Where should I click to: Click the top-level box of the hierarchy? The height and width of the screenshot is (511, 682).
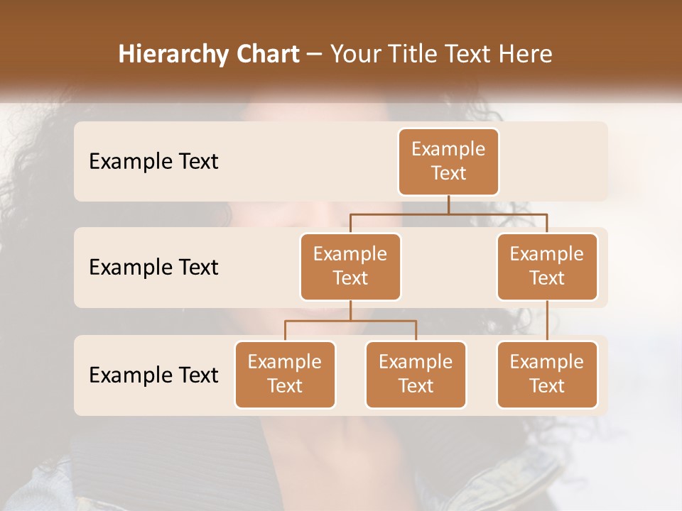point(448,161)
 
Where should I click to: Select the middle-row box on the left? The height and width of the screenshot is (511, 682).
point(350,266)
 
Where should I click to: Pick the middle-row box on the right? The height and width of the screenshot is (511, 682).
point(547,266)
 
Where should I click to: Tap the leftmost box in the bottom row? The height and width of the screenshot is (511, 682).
point(285,374)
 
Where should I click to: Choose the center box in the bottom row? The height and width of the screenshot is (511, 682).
point(416,374)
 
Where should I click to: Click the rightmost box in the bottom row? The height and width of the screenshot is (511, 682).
point(547,374)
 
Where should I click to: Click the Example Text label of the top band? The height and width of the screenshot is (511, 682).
point(153,162)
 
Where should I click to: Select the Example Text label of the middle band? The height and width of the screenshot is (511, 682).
point(153,268)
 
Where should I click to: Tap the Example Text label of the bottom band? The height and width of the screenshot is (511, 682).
point(153,375)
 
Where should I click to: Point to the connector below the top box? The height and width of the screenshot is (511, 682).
point(448,204)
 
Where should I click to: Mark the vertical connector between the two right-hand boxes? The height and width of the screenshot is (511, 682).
point(547,321)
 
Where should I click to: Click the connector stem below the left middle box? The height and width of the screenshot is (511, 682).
point(350,310)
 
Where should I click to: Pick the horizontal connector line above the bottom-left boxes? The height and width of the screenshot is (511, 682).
point(350,321)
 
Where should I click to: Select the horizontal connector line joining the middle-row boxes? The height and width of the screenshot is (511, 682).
point(497,213)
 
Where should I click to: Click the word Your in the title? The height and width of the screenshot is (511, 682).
point(354,55)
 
